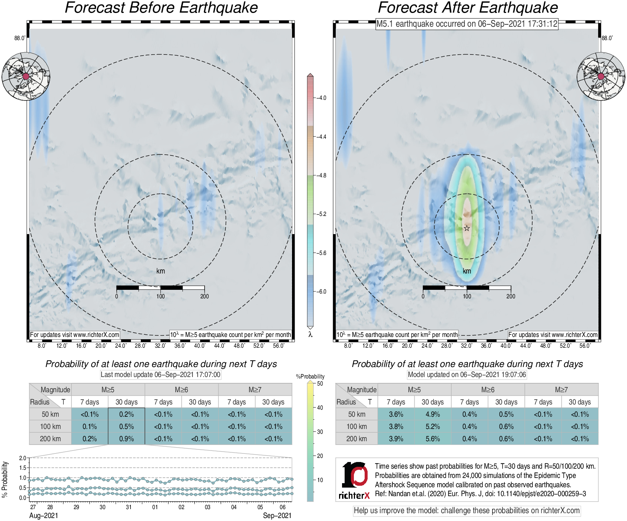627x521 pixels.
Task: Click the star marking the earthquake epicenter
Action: [x=467, y=228]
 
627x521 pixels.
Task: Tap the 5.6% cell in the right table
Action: [x=432, y=439]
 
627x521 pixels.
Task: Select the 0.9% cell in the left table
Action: [x=126, y=439]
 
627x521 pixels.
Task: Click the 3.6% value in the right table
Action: [x=396, y=414]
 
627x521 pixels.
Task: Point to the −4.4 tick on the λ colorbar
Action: [x=321, y=137]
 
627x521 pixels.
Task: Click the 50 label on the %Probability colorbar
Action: [x=320, y=384]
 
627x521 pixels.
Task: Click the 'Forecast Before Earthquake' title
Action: [x=161, y=8]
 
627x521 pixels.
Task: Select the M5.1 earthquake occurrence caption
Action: [x=467, y=24]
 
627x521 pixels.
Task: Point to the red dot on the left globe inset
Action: [x=26, y=76]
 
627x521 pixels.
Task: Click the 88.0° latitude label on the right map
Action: [x=607, y=38]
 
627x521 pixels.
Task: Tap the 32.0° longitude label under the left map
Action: [x=160, y=346]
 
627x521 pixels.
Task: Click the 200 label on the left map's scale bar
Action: [x=205, y=296]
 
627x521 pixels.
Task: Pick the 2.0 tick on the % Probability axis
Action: [x=23, y=458]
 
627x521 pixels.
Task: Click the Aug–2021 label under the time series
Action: [x=43, y=515]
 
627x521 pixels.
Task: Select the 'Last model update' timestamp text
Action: [x=160, y=374]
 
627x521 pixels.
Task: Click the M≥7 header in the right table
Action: [x=561, y=390]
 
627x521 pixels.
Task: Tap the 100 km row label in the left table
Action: [x=50, y=426]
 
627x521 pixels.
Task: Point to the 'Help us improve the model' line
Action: [x=467, y=511]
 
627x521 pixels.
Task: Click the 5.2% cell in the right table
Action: [x=432, y=426]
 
